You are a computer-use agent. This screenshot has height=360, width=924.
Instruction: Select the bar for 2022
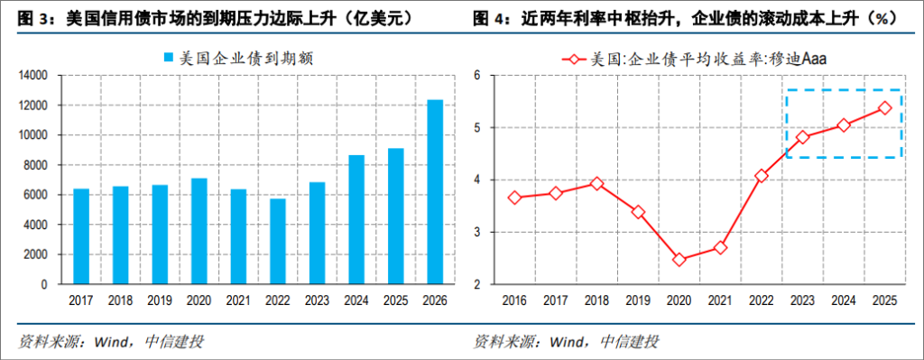coord(278,241)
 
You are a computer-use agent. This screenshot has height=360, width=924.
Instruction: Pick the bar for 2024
coord(356,219)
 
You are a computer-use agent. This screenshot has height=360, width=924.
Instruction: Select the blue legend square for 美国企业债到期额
coord(166,59)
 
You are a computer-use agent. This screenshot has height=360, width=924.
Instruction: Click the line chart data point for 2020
coord(679,260)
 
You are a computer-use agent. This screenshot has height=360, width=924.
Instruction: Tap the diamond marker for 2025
coord(884,107)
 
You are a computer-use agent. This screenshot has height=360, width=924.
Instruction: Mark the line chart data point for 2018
coord(597,183)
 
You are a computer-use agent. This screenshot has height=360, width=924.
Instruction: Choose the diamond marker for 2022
coord(762,176)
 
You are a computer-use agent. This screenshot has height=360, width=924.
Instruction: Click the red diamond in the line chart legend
coord(570,60)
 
